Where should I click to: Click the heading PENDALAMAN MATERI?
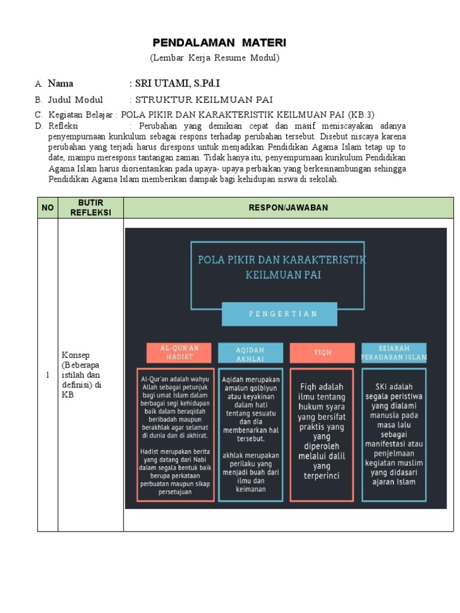219,43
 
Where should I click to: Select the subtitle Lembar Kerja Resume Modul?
214,58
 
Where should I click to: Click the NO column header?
47,208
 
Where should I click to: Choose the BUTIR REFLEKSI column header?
90,208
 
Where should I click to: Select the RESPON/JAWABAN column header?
289,208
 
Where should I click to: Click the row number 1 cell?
47,375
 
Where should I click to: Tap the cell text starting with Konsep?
81,375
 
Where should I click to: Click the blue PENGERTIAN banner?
284,314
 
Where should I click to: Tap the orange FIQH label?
323,353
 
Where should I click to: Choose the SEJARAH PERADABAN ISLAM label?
394,353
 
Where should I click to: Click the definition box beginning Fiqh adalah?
323,434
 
